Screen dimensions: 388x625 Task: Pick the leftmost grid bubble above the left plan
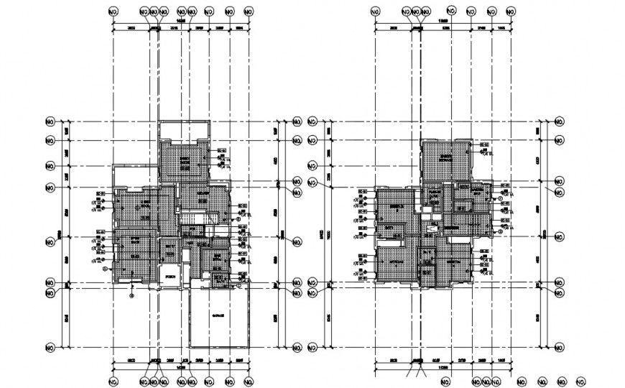(x=113, y=12)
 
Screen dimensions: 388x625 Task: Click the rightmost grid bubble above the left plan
(x=249, y=12)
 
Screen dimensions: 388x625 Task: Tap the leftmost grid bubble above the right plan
(x=374, y=12)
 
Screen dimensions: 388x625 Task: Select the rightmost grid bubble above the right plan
(x=510, y=12)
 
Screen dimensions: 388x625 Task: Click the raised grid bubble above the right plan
(x=450, y=10)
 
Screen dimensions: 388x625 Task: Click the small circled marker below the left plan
(x=131, y=294)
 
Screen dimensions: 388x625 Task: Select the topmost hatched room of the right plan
(x=445, y=157)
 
